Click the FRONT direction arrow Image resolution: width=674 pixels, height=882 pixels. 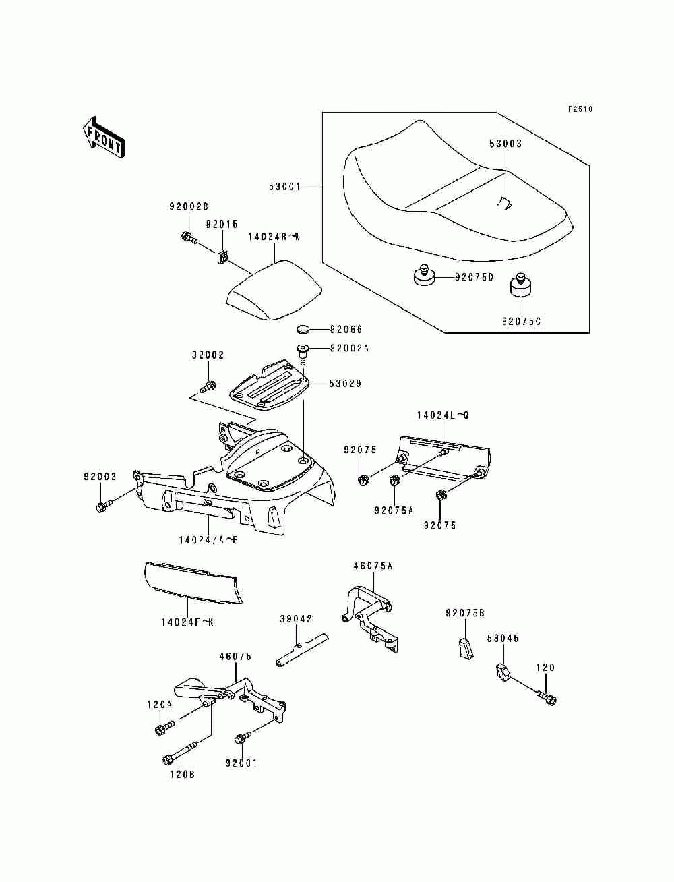[x=104, y=137]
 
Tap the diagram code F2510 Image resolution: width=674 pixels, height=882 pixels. [x=580, y=109]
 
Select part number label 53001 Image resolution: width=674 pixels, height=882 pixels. [x=285, y=187]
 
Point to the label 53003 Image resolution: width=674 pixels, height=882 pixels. [x=506, y=144]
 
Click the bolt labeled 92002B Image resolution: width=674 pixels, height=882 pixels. [x=189, y=238]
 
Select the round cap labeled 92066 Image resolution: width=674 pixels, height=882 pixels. [x=303, y=329]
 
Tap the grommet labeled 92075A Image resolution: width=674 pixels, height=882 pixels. [x=394, y=480]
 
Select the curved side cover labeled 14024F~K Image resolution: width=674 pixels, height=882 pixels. [x=193, y=589]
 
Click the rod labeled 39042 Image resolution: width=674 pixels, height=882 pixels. [x=302, y=650]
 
